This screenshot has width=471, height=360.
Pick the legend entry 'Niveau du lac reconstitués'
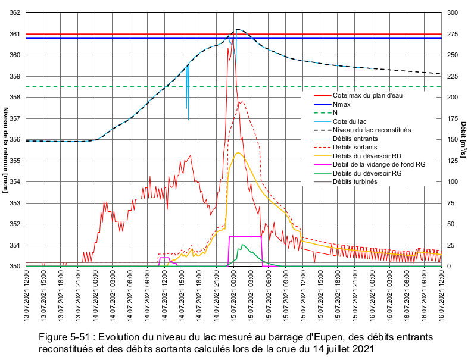pos(372,130)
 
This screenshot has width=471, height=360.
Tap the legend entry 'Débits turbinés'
pos(355,181)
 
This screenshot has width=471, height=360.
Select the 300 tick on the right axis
pos(453,13)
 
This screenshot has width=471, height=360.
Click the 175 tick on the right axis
pos(453,119)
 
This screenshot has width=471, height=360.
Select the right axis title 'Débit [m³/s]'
pos(463,140)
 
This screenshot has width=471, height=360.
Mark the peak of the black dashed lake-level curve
pos(238,29)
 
